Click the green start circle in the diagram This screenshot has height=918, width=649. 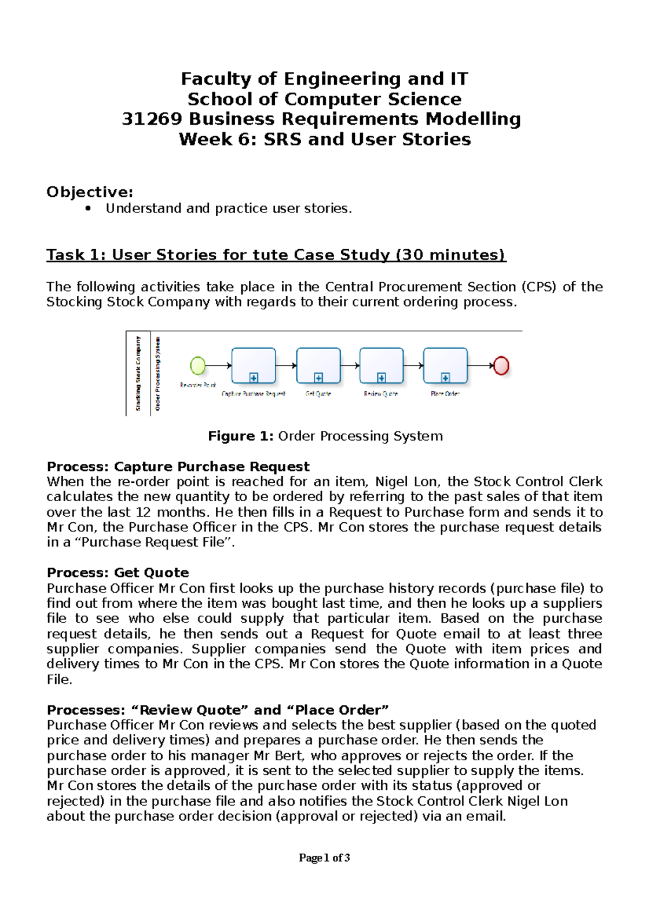click(198, 366)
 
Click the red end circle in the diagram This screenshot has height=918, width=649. click(501, 366)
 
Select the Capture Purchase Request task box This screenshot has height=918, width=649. click(253, 365)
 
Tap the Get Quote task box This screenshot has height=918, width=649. click(319, 365)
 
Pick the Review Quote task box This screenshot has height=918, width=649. click(381, 365)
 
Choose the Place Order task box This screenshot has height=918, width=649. click(445, 365)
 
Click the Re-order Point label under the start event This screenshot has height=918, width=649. click(197, 385)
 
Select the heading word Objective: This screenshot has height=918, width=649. click(90, 192)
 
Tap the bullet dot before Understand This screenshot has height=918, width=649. click(88, 209)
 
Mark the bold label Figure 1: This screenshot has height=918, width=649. click(241, 436)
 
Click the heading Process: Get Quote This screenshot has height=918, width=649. click(118, 573)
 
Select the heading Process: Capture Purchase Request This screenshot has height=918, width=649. click(178, 467)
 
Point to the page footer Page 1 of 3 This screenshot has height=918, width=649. click(324, 857)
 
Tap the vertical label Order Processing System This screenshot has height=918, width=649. click(157, 374)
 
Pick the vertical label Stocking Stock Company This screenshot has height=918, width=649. click(138, 374)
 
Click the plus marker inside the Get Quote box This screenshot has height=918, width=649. click(319, 378)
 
